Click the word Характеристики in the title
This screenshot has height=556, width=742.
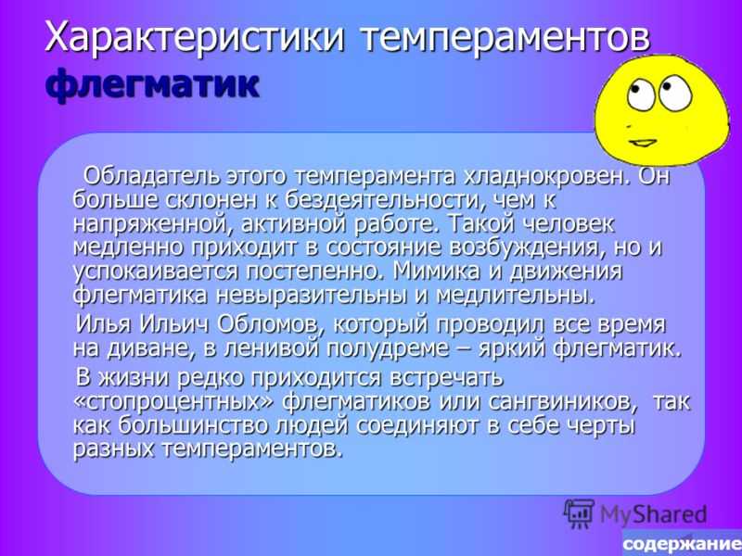(194, 37)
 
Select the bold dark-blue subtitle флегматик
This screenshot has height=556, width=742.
(152, 85)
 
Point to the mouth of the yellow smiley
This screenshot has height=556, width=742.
(642, 142)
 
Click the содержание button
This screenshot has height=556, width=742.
(682, 543)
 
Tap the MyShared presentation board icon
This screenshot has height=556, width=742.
(579, 513)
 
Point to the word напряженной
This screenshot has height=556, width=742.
(153, 224)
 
